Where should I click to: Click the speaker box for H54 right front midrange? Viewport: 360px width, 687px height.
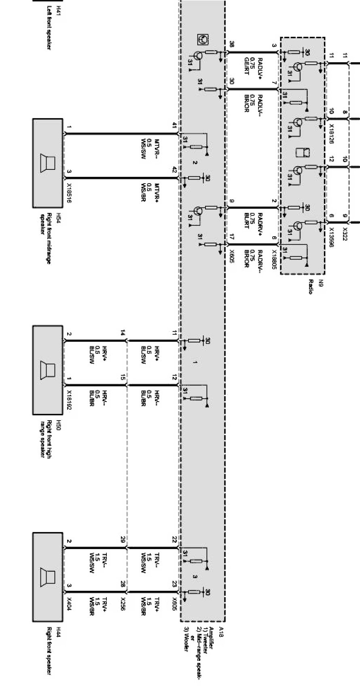[x=48, y=163]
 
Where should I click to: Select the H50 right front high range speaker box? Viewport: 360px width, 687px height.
[x=48, y=370]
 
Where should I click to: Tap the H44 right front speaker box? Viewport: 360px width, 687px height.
[x=48, y=577]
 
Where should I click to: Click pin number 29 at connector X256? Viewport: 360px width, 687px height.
[x=123, y=540]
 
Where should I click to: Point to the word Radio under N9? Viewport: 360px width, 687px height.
[x=311, y=286]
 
